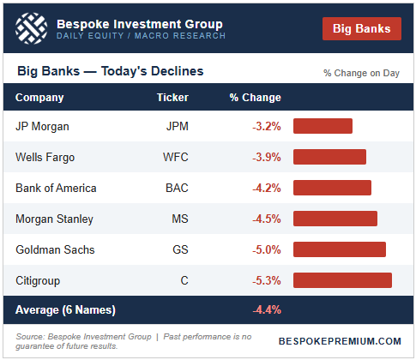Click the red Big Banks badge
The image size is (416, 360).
pyautogui.click(x=362, y=28)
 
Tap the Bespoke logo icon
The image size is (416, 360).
pyautogui.click(x=33, y=30)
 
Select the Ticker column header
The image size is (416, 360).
pyautogui.click(x=172, y=98)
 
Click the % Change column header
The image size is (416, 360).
pyautogui.click(x=255, y=98)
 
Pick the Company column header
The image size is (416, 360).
pyautogui.click(x=39, y=98)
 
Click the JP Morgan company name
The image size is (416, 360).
pyautogui.click(x=43, y=126)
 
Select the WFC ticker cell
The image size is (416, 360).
pyautogui.click(x=174, y=157)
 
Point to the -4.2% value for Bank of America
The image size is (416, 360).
pyautogui.click(x=266, y=188)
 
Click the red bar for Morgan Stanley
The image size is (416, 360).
pyautogui.click(x=335, y=219)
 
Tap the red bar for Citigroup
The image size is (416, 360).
pyautogui.click(x=342, y=280)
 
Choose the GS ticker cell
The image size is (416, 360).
pyautogui.click(x=180, y=249)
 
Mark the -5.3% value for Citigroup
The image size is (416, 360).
pyautogui.click(x=266, y=280)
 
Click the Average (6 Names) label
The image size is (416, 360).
pyautogui.click(x=65, y=309)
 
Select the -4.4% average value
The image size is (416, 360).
pyautogui.click(x=266, y=309)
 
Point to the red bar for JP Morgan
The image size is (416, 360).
pyautogui.click(x=323, y=126)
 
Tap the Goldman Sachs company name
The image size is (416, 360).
pyautogui.click(x=55, y=249)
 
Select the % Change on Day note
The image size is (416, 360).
pyautogui.click(x=361, y=73)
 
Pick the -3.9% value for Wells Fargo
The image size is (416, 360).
pyautogui.click(x=266, y=157)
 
